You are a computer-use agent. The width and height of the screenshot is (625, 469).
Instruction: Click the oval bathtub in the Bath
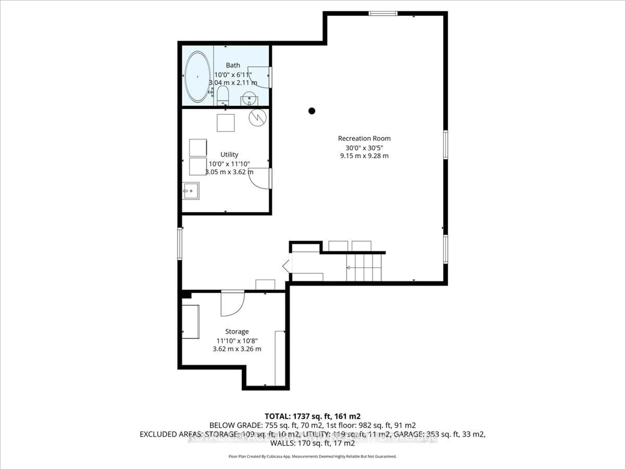click(197, 77)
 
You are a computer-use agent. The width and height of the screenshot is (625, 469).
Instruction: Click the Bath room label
click(233, 65)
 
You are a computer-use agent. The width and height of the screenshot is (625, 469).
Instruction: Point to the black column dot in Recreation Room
click(312, 111)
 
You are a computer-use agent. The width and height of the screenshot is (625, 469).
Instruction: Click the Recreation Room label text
click(364, 139)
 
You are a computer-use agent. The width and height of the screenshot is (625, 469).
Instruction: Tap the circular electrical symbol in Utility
click(257, 118)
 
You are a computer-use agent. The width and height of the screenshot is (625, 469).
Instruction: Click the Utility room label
click(229, 154)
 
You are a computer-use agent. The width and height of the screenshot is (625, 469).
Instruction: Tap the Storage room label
click(237, 331)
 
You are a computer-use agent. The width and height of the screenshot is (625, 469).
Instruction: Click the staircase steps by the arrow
click(364, 267)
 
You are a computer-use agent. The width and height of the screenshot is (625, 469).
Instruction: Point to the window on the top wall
click(383, 13)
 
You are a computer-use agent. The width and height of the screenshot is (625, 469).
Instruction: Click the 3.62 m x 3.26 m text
click(237, 349)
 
